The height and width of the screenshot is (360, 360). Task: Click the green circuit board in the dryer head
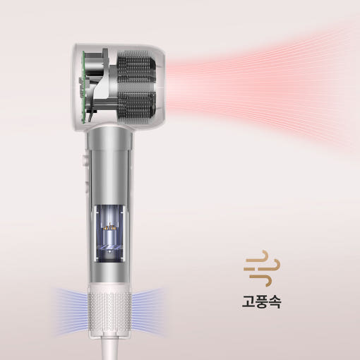pos(83,87)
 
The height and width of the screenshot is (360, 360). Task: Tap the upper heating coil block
pos(136,68)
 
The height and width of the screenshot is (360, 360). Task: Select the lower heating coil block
pos(136,107)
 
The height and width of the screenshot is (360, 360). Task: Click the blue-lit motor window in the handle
pos(109,233)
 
